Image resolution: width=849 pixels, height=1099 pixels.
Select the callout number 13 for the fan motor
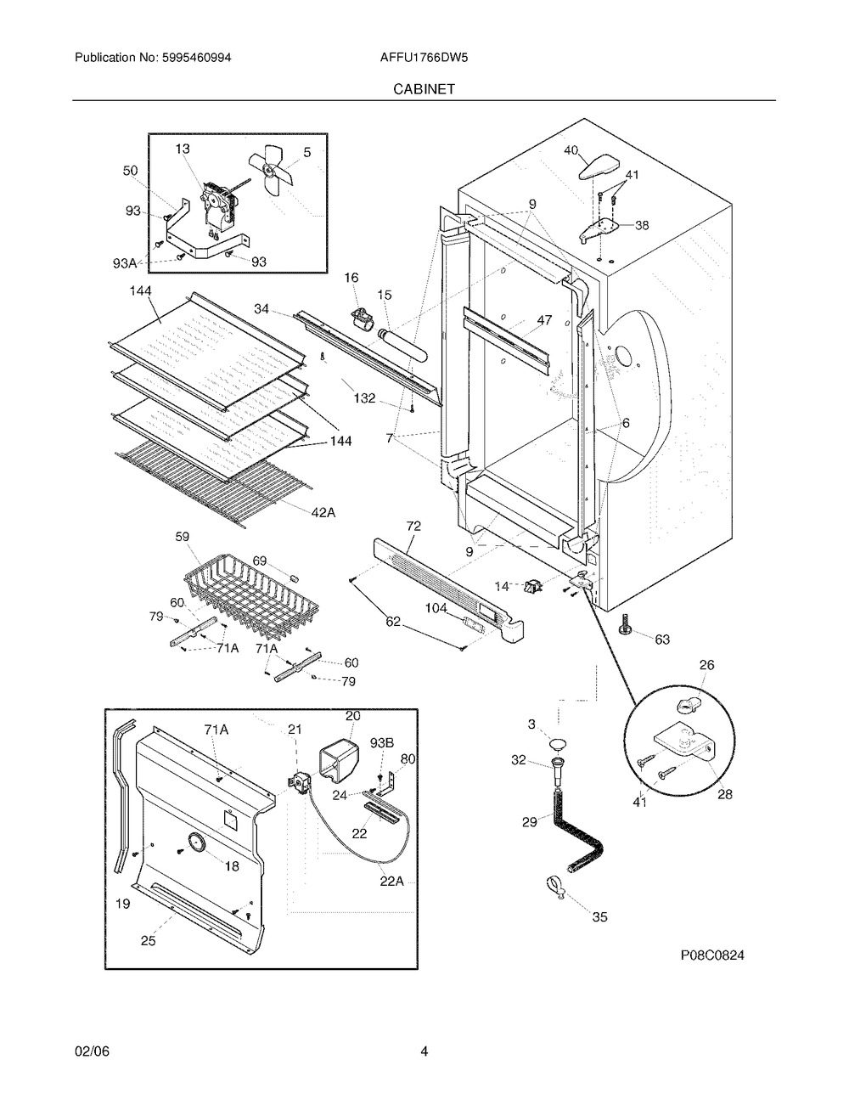183,149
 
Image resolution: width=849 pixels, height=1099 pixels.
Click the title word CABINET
424,87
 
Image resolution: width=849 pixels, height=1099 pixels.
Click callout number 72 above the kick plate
413,527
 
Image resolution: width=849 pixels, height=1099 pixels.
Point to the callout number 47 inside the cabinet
544,320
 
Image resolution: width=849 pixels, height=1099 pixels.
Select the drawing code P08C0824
711,955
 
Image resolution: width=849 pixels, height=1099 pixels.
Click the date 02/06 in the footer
92,1051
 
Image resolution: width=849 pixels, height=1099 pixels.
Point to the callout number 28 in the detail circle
724,795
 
